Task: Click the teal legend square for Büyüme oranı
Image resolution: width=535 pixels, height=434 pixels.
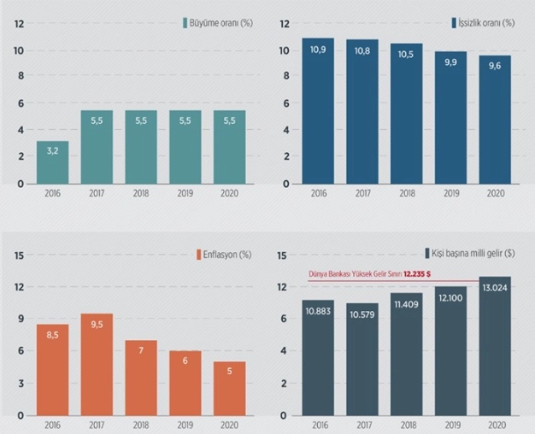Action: pos(185,23)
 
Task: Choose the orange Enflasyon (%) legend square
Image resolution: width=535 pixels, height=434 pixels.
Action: pos(196,254)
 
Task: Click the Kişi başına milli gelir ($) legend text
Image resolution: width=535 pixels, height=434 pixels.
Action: pos(474,254)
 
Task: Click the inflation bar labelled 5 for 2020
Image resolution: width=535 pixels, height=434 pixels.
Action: pos(229,389)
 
